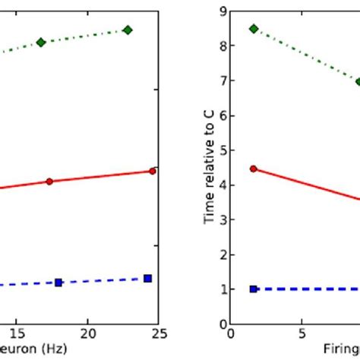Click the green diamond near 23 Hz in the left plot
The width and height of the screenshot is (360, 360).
128,30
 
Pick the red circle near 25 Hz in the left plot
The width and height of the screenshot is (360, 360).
152,172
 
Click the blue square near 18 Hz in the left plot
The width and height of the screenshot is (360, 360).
58,283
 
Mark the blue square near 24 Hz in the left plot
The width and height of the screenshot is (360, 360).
147,279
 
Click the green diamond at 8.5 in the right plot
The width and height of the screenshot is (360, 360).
254,29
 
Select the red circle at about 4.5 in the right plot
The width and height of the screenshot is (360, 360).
254,169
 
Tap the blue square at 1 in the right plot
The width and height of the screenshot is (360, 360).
254,289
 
